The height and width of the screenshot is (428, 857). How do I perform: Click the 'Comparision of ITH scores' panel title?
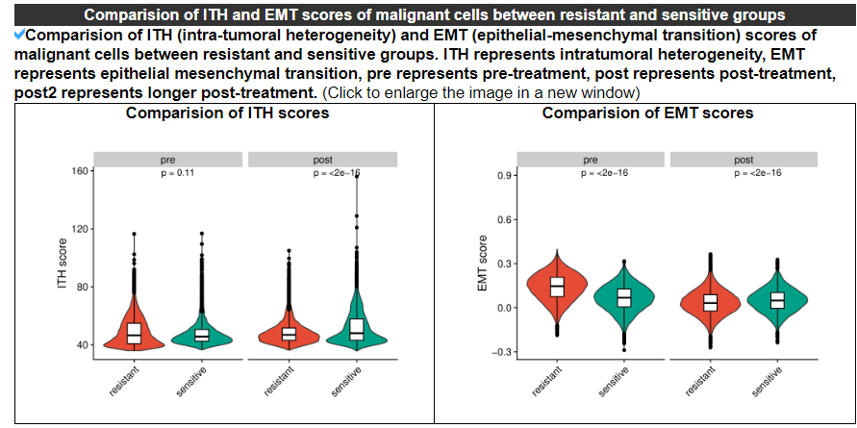click(227, 113)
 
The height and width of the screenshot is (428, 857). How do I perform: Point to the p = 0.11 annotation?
click(177, 173)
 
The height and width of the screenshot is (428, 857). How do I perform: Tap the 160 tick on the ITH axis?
click(81, 171)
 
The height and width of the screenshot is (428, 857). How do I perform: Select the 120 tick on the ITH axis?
click(81, 229)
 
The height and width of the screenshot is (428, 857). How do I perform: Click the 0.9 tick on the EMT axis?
click(503, 176)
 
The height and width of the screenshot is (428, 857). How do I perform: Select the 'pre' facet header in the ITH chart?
click(167, 160)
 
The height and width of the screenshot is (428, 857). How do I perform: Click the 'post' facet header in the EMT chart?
click(744, 160)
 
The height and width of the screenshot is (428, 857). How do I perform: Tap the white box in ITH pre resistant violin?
click(134, 333)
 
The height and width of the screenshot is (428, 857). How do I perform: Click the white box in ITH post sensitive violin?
click(357, 330)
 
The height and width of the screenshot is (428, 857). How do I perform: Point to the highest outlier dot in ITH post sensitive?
click(357, 176)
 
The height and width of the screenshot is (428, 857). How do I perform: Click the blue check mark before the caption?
click(20, 35)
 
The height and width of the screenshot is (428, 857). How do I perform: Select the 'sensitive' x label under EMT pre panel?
click(614, 381)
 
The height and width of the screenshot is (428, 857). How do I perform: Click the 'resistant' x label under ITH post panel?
click(279, 381)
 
